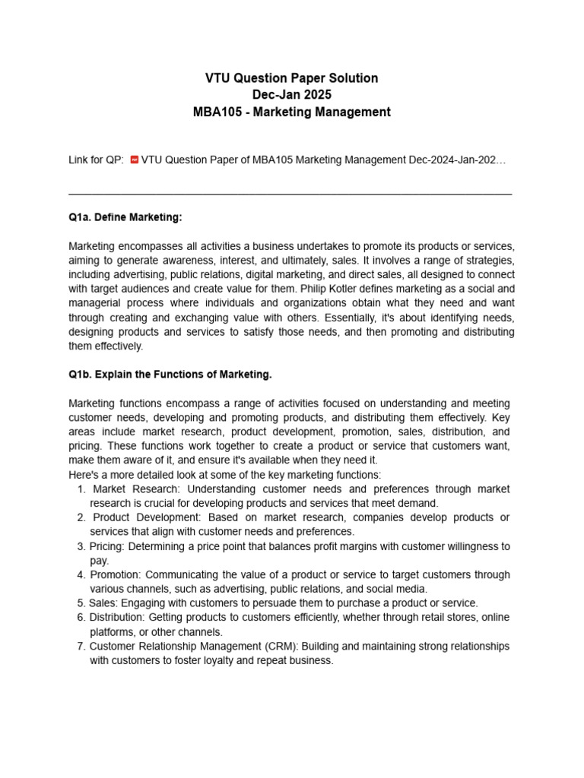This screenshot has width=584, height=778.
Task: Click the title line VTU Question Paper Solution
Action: (x=292, y=78)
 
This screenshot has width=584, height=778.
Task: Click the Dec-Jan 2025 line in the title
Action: (x=292, y=95)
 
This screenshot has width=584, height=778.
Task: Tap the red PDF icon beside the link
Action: (x=135, y=160)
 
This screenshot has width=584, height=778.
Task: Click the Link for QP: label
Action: (x=97, y=160)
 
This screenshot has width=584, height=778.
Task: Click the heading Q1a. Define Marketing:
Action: (x=125, y=217)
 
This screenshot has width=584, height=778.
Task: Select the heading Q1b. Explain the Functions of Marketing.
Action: (x=170, y=375)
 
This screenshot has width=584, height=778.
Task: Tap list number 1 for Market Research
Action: (x=81, y=489)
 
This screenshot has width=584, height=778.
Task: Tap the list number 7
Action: (x=81, y=647)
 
